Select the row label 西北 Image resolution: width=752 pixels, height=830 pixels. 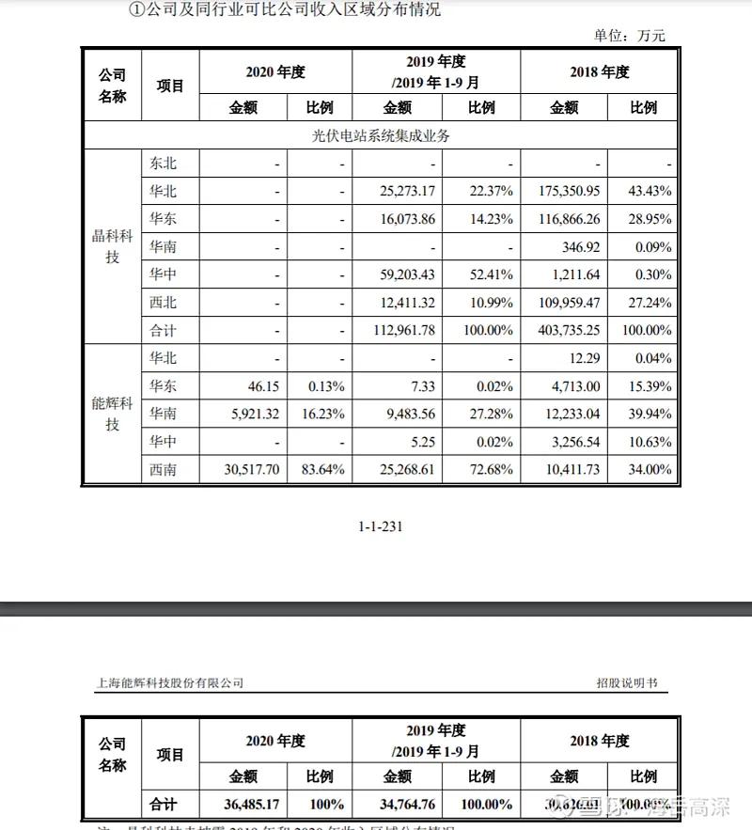pyautogui.click(x=163, y=303)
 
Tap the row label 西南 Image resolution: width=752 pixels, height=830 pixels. pyautogui.click(x=163, y=470)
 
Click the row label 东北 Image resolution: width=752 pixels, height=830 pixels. pyautogui.click(x=163, y=164)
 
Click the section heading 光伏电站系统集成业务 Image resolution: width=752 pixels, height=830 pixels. pyautogui.click(x=381, y=135)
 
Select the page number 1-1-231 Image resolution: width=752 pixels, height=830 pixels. pyautogui.click(x=381, y=526)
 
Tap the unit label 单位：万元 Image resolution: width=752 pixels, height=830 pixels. pyautogui.click(x=629, y=36)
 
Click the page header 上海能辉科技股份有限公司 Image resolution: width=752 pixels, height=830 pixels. pyautogui.click(x=170, y=683)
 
